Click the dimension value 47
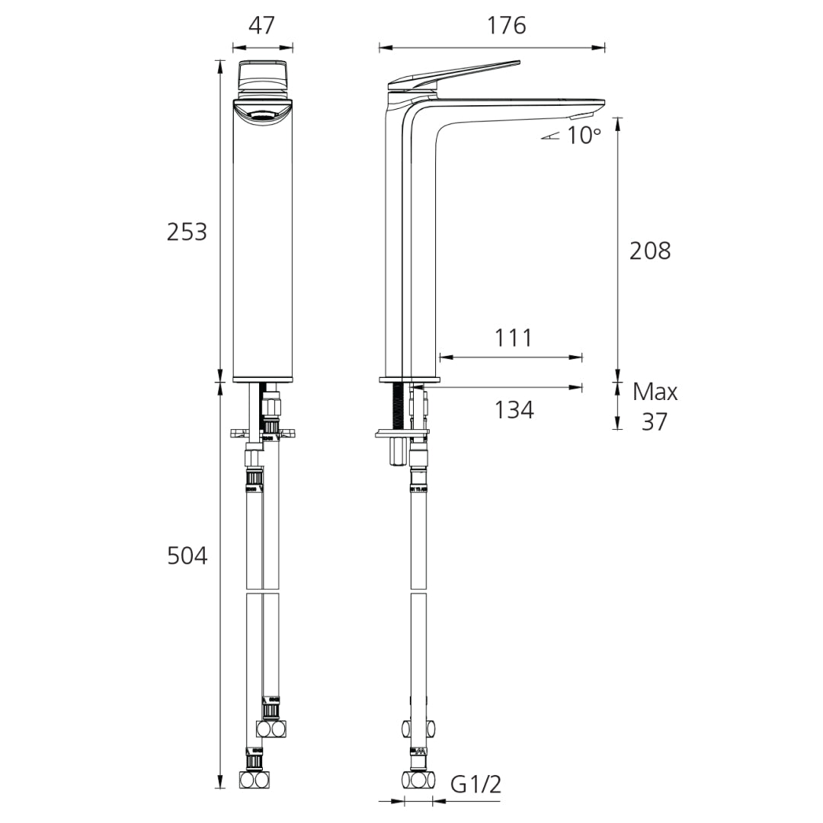(261, 25)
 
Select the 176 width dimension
(507, 25)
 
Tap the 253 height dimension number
(187, 231)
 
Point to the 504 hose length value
(187, 556)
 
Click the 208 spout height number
(650, 251)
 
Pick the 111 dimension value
(513, 338)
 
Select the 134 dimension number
(514, 410)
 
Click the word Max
(655, 392)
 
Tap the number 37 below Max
(654, 421)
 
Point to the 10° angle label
(584, 136)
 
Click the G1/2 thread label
(476, 783)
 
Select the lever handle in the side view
(457, 73)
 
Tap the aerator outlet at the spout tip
(581, 115)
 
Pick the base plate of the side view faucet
(409, 379)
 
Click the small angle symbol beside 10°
(552, 136)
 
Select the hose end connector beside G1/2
(418, 780)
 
